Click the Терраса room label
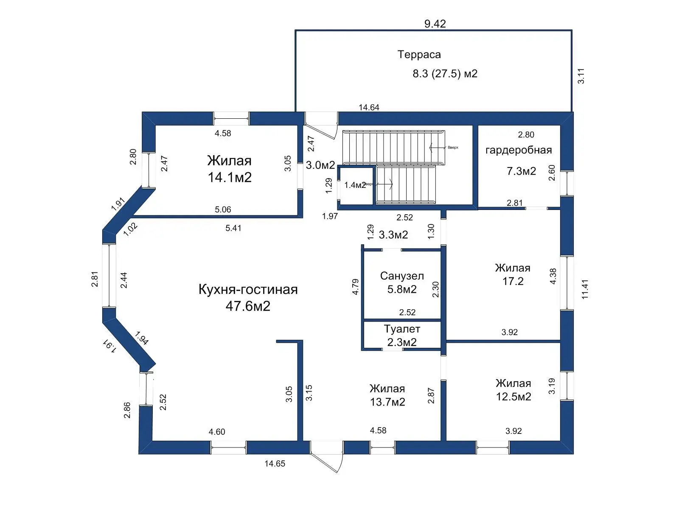pyautogui.click(x=419, y=55)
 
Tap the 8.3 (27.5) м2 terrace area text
pyautogui.click(x=445, y=74)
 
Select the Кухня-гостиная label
pyautogui.click(x=248, y=290)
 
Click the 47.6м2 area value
pyautogui.click(x=248, y=306)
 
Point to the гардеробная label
pyautogui.click(x=518, y=150)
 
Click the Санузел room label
pyautogui.click(x=401, y=276)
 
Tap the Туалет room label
pyautogui.click(x=401, y=329)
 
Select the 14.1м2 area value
pyautogui.click(x=230, y=177)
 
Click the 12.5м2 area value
pyautogui.click(x=513, y=397)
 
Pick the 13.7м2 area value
pyautogui.click(x=387, y=402)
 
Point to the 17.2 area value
pyautogui.click(x=513, y=281)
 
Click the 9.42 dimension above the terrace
pyautogui.click(x=435, y=24)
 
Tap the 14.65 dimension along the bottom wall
pyautogui.click(x=275, y=464)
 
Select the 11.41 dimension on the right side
pyautogui.click(x=585, y=289)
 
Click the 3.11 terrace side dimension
pyautogui.click(x=581, y=76)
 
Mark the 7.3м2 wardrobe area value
pyautogui.click(x=521, y=171)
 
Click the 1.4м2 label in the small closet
pyautogui.click(x=355, y=185)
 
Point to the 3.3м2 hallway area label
pyautogui.click(x=393, y=235)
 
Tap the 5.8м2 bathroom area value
pyautogui.click(x=401, y=290)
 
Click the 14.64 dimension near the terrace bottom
pyautogui.click(x=369, y=108)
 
